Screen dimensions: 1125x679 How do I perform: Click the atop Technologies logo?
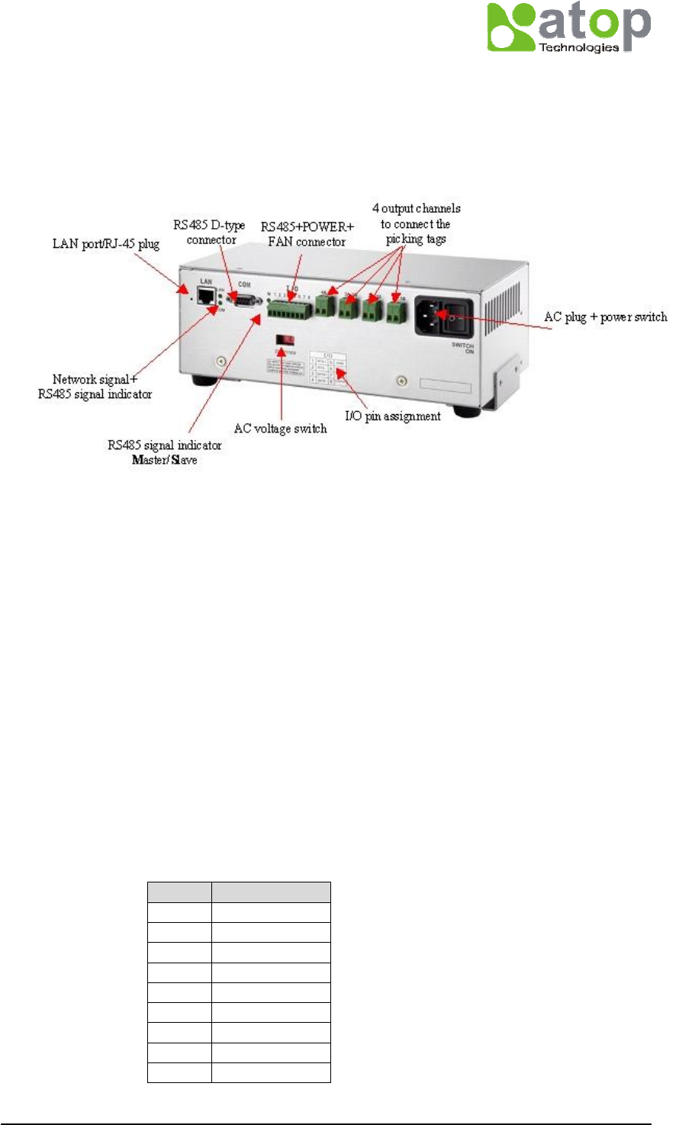(x=568, y=27)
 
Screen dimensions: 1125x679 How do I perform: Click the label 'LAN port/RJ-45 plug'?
(x=106, y=245)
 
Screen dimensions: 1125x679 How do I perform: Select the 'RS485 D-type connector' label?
(x=210, y=233)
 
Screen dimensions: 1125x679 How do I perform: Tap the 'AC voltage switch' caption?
(x=280, y=429)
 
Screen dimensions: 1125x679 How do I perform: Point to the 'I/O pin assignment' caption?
(x=393, y=416)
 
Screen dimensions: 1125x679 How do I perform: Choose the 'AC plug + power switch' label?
(x=605, y=317)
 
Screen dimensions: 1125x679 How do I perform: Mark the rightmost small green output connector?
(x=396, y=311)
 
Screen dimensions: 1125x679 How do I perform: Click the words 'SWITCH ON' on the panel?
(x=464, y=349)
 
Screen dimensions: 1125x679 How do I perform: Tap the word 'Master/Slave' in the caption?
(x=164, y=460)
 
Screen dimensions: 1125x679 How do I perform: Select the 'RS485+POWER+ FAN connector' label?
(x=307, y=235)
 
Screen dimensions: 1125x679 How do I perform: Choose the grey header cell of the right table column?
(x=271, y=892)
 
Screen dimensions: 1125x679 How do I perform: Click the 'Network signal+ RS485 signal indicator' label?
(x=95, y=387)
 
